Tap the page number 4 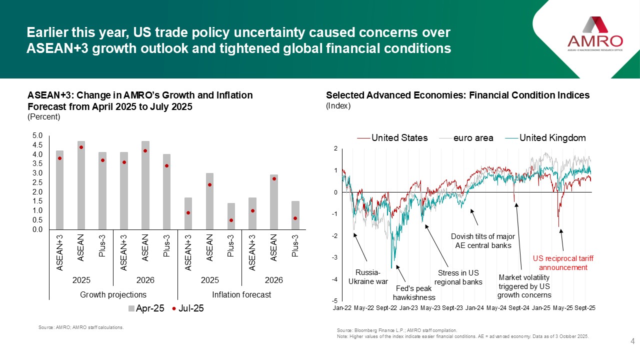[632, 342]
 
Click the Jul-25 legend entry [188, 308]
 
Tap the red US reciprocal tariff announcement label [559, 263]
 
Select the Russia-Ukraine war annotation [368, 276]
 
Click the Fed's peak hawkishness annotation [414, 293]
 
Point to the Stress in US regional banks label [458, 277]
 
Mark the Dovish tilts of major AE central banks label [483, 240]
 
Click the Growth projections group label [113, 294]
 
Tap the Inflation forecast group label [241, 294]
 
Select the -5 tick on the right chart [334, 301]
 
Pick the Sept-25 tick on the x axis [584, 308]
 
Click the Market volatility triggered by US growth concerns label [524, 286]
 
